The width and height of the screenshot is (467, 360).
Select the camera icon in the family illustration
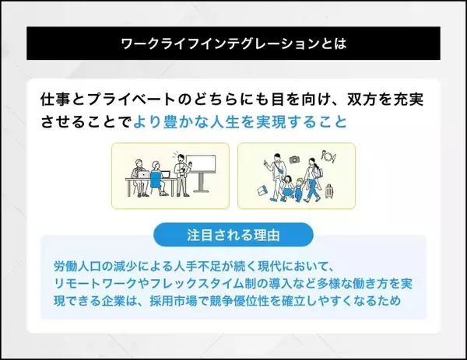294,159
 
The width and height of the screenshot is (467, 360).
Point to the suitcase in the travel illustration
330,191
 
